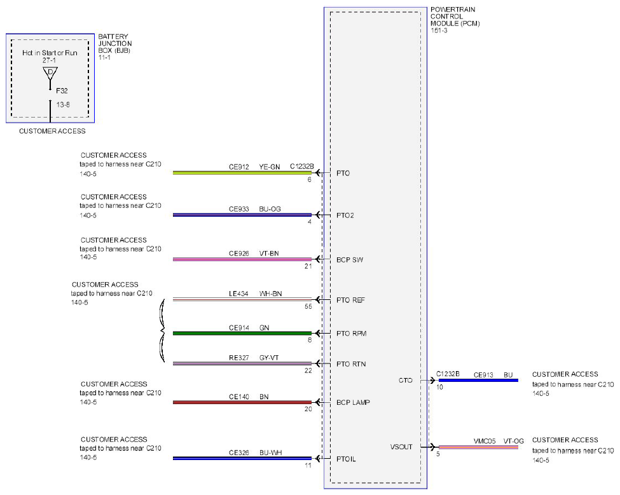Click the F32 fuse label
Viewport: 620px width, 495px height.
pos(62,91)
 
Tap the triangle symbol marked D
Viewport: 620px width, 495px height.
pos(50,72)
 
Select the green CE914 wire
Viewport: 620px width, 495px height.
pos(242,334)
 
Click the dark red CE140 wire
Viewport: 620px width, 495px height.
pos(242,402)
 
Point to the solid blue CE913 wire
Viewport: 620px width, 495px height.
pos(478,381)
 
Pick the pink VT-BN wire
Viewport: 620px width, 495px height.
pos(242,259)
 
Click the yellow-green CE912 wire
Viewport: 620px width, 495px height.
pos(242,173)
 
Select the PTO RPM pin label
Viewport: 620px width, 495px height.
pos(351,334)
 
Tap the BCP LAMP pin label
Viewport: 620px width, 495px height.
pos(353,403)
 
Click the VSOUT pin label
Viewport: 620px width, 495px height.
pos(401,447)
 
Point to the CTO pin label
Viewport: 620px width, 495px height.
pos(405,381)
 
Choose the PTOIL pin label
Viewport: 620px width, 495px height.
pos(346,459)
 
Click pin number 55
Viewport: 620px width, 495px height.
pos(308,306)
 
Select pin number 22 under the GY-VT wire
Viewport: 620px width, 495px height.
pos(308,370)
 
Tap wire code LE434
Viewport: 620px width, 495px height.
pos(238,294)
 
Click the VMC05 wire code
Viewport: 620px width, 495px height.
pos(485,441)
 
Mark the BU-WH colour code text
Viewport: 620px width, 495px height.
pos(270,452)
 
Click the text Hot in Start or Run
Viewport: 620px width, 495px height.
pos(50,53)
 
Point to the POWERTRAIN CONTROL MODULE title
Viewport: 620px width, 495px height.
pos(455,17)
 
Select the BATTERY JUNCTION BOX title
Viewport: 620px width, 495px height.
pos(114,43)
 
